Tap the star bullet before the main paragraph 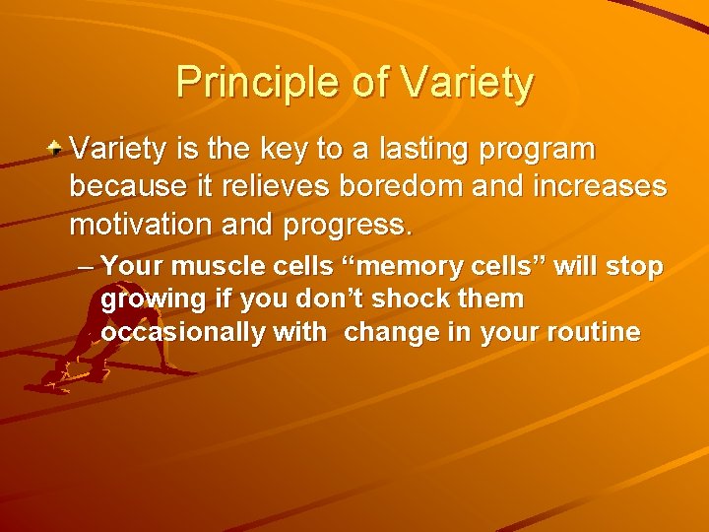click(x=58, y=149)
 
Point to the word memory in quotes click(x=395, y=267)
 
